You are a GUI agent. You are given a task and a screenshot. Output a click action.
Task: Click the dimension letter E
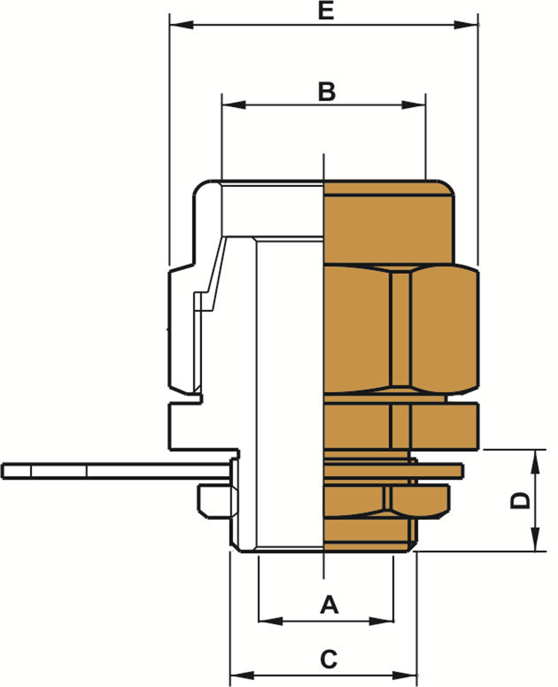326,11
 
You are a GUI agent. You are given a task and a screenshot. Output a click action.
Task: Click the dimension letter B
326,92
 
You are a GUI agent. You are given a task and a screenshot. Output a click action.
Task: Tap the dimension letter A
329,605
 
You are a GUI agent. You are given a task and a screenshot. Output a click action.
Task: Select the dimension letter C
329,659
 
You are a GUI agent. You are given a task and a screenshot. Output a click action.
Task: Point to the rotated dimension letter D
520,501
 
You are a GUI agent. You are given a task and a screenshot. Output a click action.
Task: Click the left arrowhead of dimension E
181,25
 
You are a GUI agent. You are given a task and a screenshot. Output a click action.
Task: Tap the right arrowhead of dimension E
466,25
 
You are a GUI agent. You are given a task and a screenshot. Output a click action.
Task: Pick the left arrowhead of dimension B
234,105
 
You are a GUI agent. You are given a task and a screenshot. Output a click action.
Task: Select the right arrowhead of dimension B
414,105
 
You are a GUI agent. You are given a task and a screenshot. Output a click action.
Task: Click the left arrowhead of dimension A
271,621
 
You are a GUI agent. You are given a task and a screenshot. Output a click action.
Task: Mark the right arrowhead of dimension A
381,621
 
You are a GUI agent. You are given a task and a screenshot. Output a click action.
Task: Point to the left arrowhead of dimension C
242,676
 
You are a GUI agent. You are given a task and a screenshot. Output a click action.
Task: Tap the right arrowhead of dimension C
405,676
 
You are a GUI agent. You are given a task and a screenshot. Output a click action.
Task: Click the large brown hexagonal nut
401,329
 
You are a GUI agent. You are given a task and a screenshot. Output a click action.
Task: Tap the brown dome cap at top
389,222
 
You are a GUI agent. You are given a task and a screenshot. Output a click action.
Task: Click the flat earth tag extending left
116,471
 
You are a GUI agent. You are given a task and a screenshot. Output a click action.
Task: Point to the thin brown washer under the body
394,471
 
